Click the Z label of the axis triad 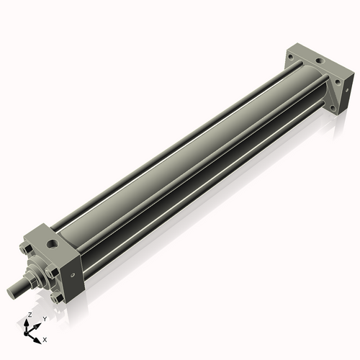click(29, 315)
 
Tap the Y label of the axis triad click(45, 319)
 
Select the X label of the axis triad click(45, 338)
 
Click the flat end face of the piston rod click(9, 290)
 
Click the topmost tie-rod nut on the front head click(27, 251)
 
